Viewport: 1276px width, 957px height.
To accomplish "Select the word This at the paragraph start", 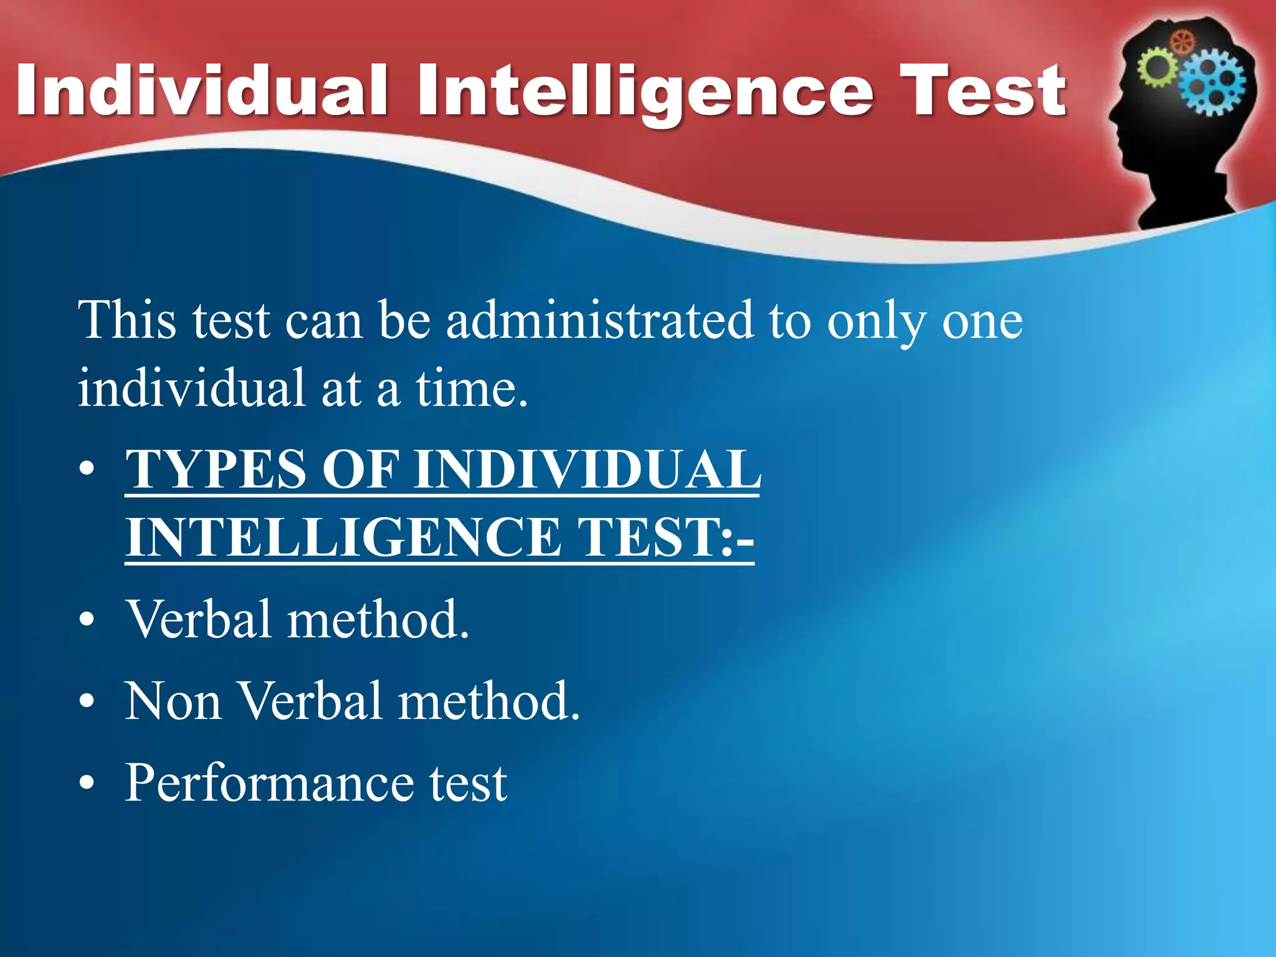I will (x=127, y=320).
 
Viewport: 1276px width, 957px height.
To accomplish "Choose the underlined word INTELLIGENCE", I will (x=343, y=537).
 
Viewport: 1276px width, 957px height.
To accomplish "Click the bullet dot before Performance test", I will (x=87, y=783).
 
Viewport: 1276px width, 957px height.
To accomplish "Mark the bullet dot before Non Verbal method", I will (x=87, y=702).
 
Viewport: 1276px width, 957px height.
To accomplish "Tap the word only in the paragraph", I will (x=875, y=321).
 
